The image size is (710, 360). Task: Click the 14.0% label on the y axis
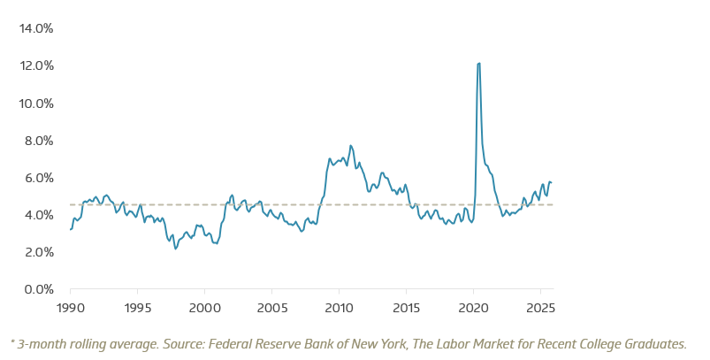[36, 28]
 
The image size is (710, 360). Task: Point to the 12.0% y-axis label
[36, 65]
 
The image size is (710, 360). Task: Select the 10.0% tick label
[36, 103]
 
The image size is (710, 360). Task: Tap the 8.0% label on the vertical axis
[38, 141]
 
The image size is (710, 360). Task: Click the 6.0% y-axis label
[38, 178]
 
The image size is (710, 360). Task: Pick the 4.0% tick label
[38, 215]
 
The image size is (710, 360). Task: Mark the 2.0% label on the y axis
[38, 252]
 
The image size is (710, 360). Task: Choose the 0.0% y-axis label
[38, 289]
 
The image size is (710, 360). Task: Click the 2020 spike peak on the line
[478, 64]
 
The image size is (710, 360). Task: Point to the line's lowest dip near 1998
[175, 249]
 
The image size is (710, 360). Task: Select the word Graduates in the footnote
[654, 343]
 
